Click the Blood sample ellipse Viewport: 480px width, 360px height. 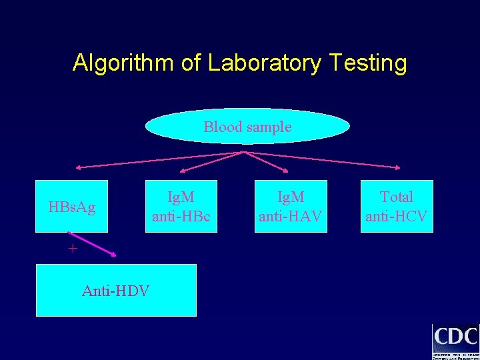(247, 127)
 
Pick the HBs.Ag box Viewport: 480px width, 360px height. (71, 207)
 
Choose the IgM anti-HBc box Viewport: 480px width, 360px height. (181, 207)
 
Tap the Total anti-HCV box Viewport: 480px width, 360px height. (397, 207)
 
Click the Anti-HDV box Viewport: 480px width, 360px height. (115, 290)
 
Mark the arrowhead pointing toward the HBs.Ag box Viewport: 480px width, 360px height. (77, 167)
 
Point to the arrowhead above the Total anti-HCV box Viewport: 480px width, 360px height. (398, 167)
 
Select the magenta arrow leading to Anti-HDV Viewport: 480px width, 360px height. (93, 244)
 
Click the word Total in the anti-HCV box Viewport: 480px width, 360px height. (397, 197)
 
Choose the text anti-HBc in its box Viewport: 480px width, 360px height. (181, 216)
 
